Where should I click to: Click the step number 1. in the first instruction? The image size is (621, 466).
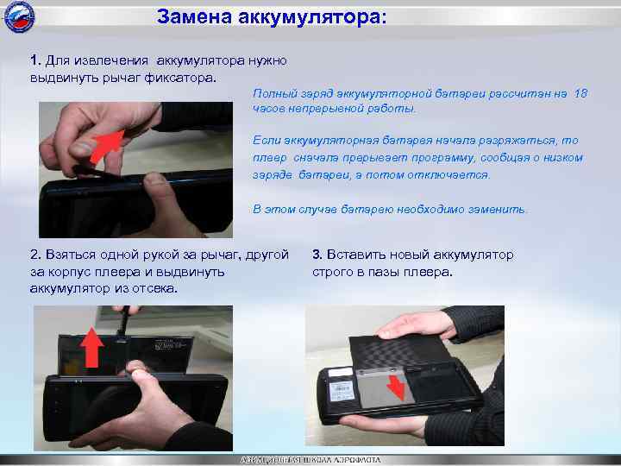(x=34, y=60)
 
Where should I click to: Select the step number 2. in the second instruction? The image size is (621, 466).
(x=35, y=255)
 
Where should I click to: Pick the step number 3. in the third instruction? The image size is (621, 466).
(x=317, y=255)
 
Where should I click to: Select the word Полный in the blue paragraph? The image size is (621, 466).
(x=273, y=92)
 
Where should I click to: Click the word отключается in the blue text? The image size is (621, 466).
(x=453, y=174)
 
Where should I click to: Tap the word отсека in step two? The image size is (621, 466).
(x=154, y=287)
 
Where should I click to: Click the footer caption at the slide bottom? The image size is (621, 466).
(x=310, y=460)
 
